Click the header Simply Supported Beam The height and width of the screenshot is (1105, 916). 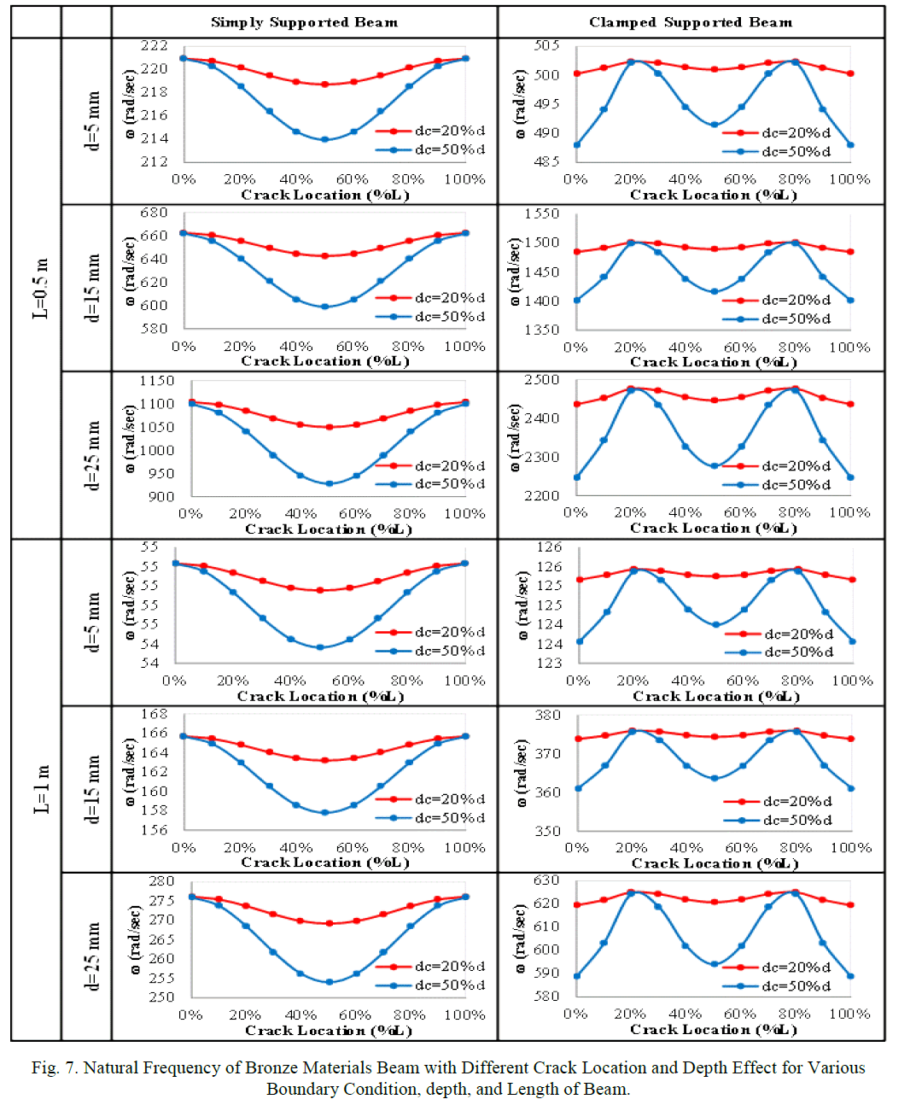pos(304,22)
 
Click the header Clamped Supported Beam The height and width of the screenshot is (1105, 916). pos(690,22)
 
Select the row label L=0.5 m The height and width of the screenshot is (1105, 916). pos(41,288)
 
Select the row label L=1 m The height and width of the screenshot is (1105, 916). pos(41,789)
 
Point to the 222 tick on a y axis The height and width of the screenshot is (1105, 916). pos(155,45)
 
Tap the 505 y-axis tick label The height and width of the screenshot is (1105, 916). pos(546,45)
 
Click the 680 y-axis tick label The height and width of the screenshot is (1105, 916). pos(155,213)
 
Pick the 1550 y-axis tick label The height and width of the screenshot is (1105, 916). pos(542,213)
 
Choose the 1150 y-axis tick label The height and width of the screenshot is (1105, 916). pos(157,381)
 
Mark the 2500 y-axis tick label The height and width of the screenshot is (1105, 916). pos(542,380)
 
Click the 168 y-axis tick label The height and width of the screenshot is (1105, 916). pos(155,714)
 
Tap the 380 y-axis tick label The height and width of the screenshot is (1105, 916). pos(547,716)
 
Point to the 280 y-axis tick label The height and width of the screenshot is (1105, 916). pos(161,881)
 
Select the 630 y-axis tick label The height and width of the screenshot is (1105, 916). pos(546,880)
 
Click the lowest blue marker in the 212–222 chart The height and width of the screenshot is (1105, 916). pos(324,139)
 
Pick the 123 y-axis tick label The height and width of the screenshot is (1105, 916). pos(550,663)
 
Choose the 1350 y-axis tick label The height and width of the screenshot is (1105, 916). pos(542,330)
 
